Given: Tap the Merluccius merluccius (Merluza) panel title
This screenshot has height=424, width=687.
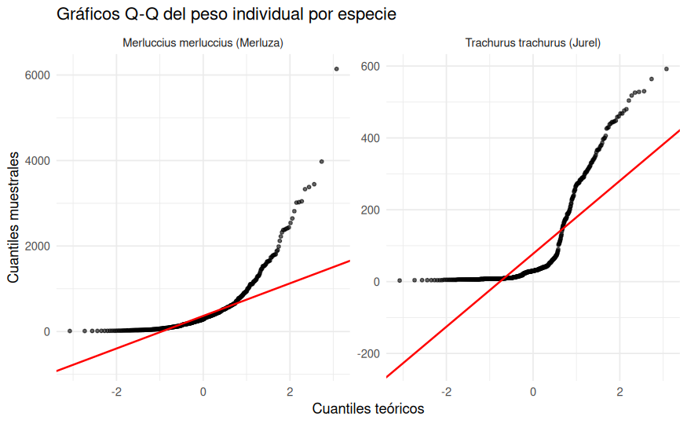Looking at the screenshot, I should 203,43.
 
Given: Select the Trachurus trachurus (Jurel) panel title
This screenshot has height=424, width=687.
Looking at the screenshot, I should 532,43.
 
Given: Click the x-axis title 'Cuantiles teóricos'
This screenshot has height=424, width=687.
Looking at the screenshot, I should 368,409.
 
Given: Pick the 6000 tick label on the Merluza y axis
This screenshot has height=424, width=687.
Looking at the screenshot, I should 36,75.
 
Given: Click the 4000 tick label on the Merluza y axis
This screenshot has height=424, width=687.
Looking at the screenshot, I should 36,161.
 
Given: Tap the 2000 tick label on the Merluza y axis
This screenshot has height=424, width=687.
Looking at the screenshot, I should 36,247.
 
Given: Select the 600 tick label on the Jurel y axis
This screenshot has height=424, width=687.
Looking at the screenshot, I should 371,66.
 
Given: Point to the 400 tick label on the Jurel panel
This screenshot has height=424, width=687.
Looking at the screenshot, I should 371,138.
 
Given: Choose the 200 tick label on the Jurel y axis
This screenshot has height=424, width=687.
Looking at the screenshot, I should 371,210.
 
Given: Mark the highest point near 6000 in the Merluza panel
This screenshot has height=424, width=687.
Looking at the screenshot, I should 337,69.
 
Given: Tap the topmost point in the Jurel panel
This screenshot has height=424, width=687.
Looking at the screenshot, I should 667,69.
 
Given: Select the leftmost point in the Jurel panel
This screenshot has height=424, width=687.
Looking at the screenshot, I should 400,280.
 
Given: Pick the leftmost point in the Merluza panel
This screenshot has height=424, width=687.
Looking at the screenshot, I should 70,331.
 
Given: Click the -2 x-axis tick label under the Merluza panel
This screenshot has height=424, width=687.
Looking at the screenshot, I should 116,391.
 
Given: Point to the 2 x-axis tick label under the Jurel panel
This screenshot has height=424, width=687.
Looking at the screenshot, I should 620,391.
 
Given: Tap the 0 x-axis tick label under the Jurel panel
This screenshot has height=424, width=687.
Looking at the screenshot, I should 533,391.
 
